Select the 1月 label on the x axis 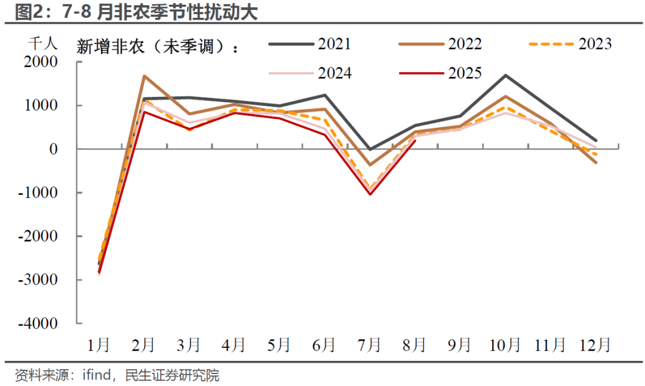pos(99,345)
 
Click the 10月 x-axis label pos(505,345)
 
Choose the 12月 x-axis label pos(596,345)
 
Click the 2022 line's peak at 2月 pos(144,76)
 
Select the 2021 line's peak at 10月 pos(505,75)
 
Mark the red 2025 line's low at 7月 pos(370,194)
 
